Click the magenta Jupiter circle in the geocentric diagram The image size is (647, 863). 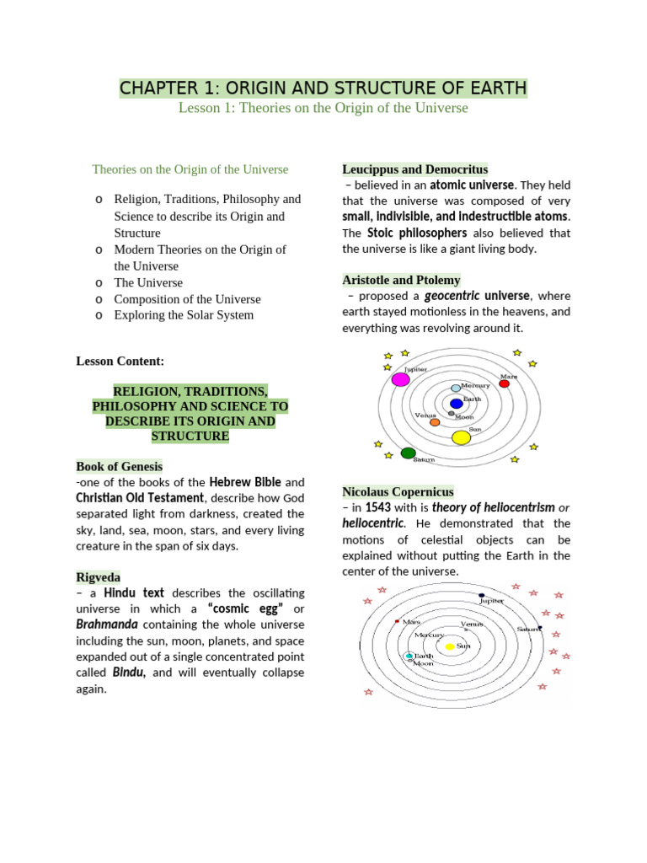pos(401,379)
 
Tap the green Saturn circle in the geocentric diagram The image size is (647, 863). pos(409,453)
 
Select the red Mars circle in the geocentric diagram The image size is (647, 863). pos(504,383)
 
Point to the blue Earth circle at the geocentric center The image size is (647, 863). pos(456,404)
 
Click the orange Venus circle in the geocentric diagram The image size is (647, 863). pos(435,421)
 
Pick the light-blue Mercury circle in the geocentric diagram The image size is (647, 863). pos(456,389)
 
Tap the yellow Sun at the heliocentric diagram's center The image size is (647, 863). pos(450,646)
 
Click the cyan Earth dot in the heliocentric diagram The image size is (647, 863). pos(409,656)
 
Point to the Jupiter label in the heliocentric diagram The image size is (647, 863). pos(491,601)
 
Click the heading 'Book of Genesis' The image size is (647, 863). pos(119,466)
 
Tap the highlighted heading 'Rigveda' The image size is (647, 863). pos(99,577)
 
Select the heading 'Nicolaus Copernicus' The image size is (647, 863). pos(398,491)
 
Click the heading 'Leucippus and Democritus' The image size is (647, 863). pos(414,169)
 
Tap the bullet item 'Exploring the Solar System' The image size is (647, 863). pos(184,315)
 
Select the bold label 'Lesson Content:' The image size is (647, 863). pos(120,361)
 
